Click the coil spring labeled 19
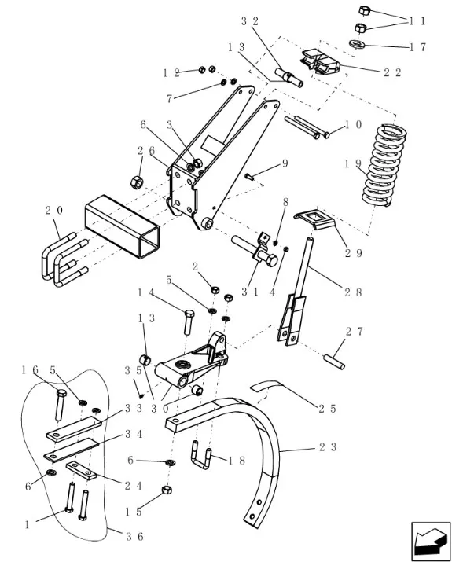pyautogui.click(x=384, y=165)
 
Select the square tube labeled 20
pyautogui.click(x=122, y=226)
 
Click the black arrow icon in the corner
pyautogui.click(x=431, y=541)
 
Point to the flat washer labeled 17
pyautogui.click(x=357, y=44)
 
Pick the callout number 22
pyautogui.click(x=392, y=73)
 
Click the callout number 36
pyautogui.click(x=134, y=537)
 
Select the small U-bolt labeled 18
pyautogui.click(x=202, y=455)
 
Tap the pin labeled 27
pyautogui.click(x=334, y=362)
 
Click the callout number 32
pyautogui.click(x=249, y=21)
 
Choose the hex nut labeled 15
pyautogui.click(x=167, y=490)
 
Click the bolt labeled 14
pyautogui.click(x=189, y=321)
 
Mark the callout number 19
pyautogui.click(x=353, y=163)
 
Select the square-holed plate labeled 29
pyautogui.click(x=315, y=219)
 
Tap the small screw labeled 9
pyautogui.click(x=249, y=176)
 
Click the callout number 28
pyautogui.click(x=353, y=292)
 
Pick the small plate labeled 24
pyautogui.click(x=81, y=471)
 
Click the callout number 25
pyautogui.click(x=327, y=409)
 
